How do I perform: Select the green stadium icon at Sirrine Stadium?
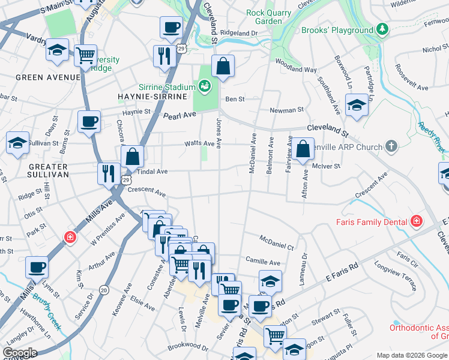pyautogui.click(x=205, y=88)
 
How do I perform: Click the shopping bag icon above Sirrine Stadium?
pyautogui.click(x=223, y=67)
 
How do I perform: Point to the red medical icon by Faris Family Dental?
pyautogui.click(x=417, y=221)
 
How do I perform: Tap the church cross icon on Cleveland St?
pyautogui.click(x=391, y=146)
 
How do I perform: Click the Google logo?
pyautogui.click(x=20, y=353)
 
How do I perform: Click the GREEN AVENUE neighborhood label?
pyautogui.click(x=48, y=77)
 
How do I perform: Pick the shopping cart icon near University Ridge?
pyautogui.click(x=86, y=56)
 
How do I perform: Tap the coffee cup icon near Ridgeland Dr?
pyautogui.click(x=171, y=27)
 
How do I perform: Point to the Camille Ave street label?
pyautogui.click(x=263, y=262)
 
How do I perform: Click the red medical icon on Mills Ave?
pyautogui.click(x=70, y=237)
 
